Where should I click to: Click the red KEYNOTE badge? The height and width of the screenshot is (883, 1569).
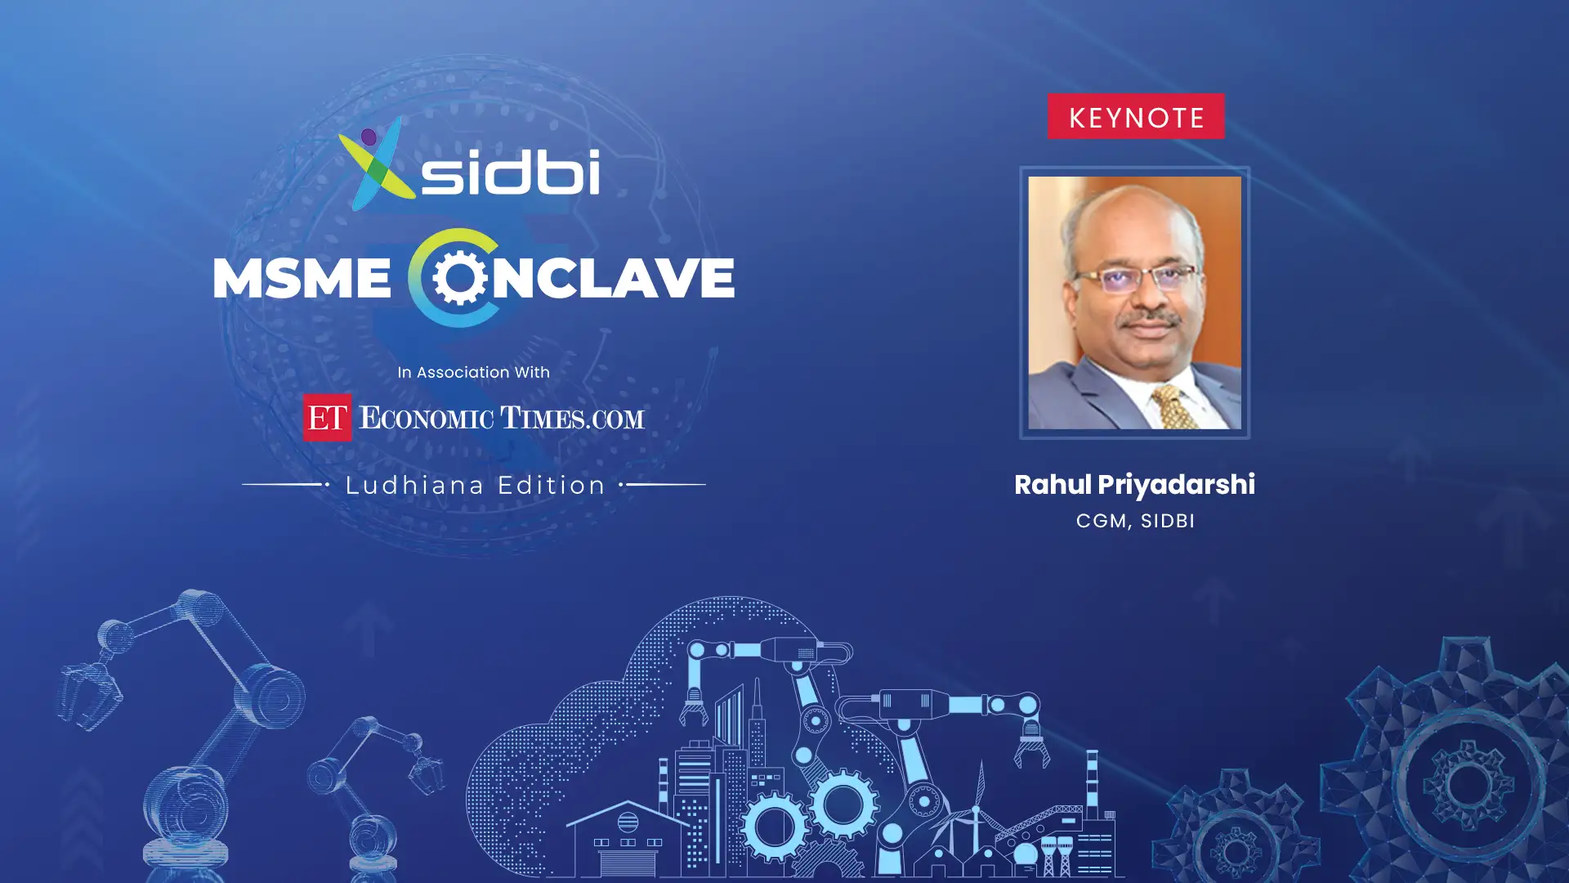point(1136,116)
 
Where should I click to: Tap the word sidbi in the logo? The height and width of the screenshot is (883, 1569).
point(511,172)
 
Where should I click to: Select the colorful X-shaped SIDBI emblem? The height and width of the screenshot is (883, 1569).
point(377,163)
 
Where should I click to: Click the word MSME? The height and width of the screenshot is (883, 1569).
point(302,278)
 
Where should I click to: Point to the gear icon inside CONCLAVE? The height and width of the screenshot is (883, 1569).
point(460,278)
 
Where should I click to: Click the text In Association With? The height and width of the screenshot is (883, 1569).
point(473,372)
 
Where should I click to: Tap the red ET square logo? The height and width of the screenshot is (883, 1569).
point(327,417)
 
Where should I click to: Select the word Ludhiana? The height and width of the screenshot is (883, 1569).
point(415,485)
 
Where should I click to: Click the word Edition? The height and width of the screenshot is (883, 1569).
point(552,485)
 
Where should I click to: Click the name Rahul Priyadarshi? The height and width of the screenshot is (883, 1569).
point(1134,485)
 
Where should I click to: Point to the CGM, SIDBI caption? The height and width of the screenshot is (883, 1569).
point(1135,521)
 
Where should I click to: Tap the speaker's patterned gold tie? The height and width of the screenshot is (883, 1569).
point(1175,406)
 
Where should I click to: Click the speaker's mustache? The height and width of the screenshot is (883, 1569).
point(1152,320)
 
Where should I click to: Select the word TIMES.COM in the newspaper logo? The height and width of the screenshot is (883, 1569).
point(572,419)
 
